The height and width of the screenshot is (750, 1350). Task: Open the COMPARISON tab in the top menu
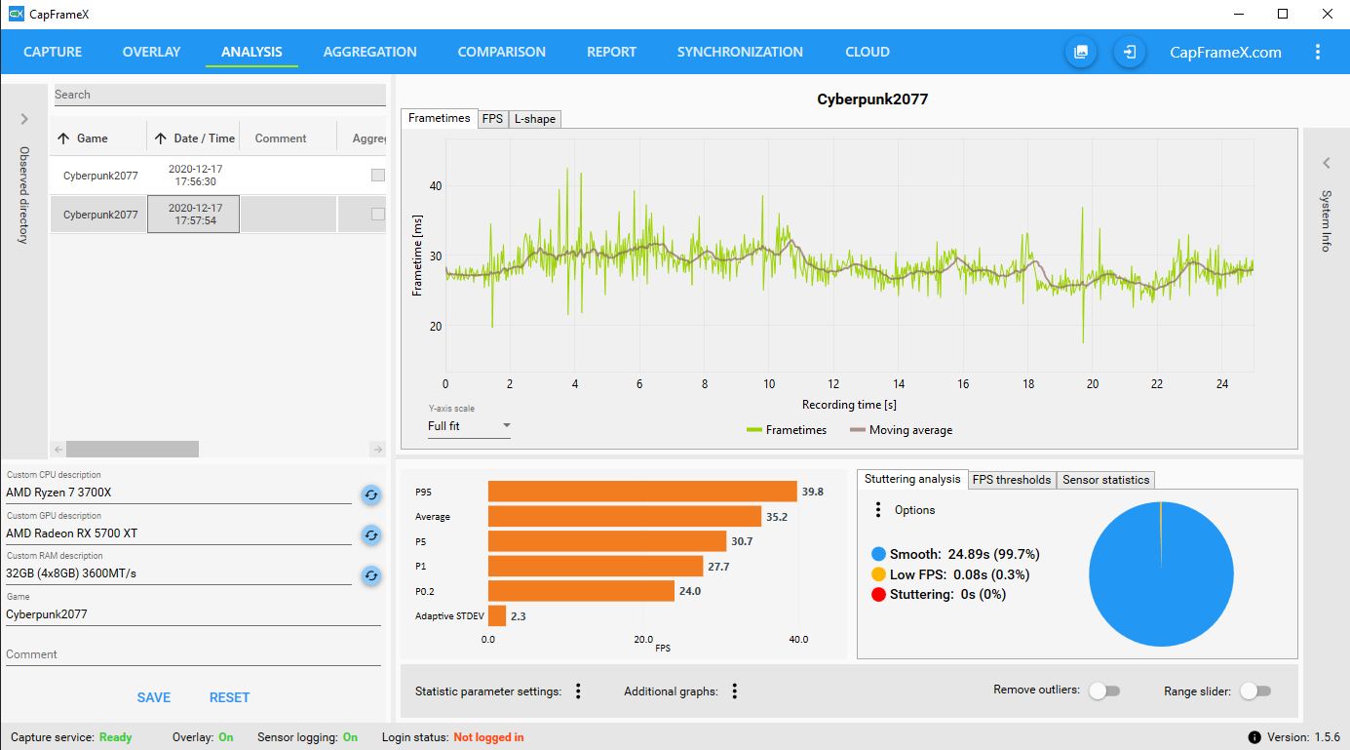pos(501,52)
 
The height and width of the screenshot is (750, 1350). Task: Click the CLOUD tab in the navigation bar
pos(867,52)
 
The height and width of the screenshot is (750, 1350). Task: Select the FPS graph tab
pos(492,119)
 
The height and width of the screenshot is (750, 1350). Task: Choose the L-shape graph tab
pos(535,119)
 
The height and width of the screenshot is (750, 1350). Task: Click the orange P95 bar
pos(641,492)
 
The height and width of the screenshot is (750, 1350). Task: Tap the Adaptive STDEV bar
pos(497,615)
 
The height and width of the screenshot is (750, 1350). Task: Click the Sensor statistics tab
pos(1105,480)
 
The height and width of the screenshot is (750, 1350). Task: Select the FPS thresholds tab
pos(1012,480)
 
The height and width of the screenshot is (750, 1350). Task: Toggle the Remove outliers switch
pos(1103,691)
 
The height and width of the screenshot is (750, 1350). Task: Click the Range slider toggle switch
pos(1255,691)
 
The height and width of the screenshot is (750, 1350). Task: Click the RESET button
pos(229,697)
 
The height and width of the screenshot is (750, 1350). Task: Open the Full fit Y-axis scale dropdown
pos(469,426)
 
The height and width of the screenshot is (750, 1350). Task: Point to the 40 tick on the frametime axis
pos(436,186)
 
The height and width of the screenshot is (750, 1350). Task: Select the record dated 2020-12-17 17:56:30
pos(195,176)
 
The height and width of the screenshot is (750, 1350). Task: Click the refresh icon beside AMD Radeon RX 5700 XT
pos(370,534)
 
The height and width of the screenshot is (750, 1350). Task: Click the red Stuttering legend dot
pos(878,594)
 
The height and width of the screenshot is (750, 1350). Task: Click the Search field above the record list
pos(218,95)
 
